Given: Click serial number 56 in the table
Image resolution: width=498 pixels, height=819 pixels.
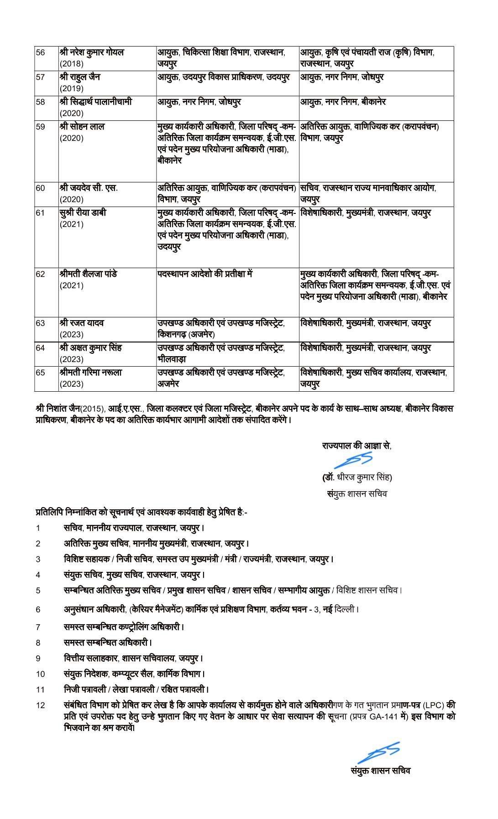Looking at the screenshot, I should [x=40, y=52].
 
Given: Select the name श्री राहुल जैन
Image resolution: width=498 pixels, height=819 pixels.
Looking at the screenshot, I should [x=80, y=77].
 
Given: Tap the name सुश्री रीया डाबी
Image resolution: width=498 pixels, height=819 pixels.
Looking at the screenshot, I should [x=83, y=213].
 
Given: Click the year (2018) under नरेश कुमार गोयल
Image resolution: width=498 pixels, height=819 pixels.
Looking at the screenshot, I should [x=72, y=64].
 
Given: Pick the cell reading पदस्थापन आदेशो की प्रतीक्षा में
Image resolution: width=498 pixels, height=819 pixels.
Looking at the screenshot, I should [x=204, y=274].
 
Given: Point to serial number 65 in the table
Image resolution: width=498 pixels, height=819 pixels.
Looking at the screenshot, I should [x=40, y=373].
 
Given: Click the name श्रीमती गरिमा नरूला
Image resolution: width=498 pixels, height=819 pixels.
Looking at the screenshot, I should [x=91, y=372].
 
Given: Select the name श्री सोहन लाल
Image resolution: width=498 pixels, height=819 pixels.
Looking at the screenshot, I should [x=82, y=126].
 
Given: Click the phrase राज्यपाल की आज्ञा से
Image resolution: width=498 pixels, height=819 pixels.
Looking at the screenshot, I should [x=356, y=446].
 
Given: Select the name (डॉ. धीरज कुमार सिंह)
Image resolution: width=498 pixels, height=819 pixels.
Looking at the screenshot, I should [x=357, y=477].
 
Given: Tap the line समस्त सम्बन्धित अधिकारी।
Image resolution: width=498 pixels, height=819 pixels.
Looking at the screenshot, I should [x=108, y=643].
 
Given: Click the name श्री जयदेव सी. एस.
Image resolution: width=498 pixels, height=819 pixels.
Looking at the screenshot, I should [x=88, y=187].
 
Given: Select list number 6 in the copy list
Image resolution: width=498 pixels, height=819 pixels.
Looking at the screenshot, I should [x=38, y=609].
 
